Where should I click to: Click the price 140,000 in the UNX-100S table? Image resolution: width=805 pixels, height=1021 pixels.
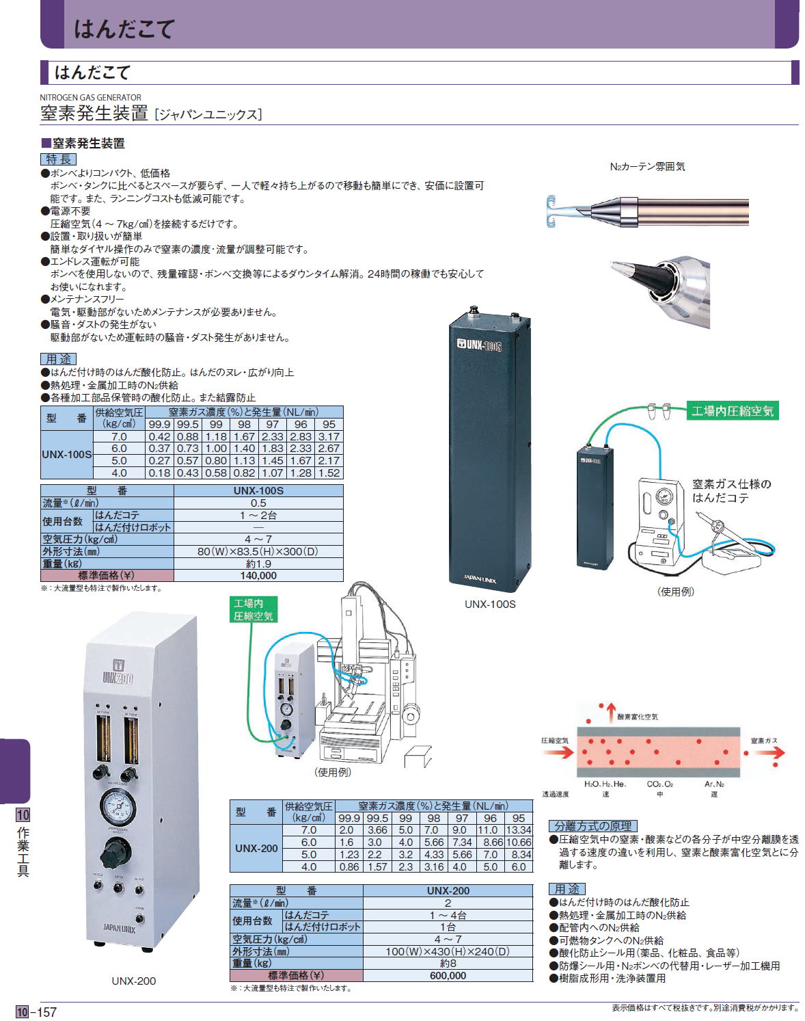pyautogui.click(x=258, y=576)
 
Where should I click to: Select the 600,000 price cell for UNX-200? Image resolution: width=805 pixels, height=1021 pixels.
pyautogui.click(x=448, y=976)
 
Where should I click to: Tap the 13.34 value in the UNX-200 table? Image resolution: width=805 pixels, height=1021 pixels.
pyautogui.click(x=519, y=830)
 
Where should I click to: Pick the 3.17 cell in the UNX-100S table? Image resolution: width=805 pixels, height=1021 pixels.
pyautogui.click(x=329, y=437)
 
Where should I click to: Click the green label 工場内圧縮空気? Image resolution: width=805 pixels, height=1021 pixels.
pyautogui.click(x=732, y=411)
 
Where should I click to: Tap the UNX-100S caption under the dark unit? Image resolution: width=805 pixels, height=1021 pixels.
pyautogui.click(x=490, y=605)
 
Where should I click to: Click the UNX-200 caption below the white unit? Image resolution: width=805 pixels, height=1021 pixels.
pyautogui.click(x=134, y=981)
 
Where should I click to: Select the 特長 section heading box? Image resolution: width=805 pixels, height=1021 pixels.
pyautogui.click(x=59, y=159)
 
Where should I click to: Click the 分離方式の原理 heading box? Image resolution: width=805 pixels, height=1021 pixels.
pyautogui.click(x=592, y=826)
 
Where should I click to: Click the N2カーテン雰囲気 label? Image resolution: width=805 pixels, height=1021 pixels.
pyautogui.click(x=646, y=166)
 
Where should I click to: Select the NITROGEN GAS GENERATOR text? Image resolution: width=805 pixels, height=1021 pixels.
pyautogui.click(x=91, y=98)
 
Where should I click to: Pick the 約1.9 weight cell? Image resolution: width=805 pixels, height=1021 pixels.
pyautogui.click(x=258, y=563)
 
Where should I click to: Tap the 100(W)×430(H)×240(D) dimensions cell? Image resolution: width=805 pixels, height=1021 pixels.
pyautogui.click(x=448, y=951)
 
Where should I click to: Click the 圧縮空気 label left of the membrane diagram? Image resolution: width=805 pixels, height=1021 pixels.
pyautogui.click(x=555, y=741)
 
